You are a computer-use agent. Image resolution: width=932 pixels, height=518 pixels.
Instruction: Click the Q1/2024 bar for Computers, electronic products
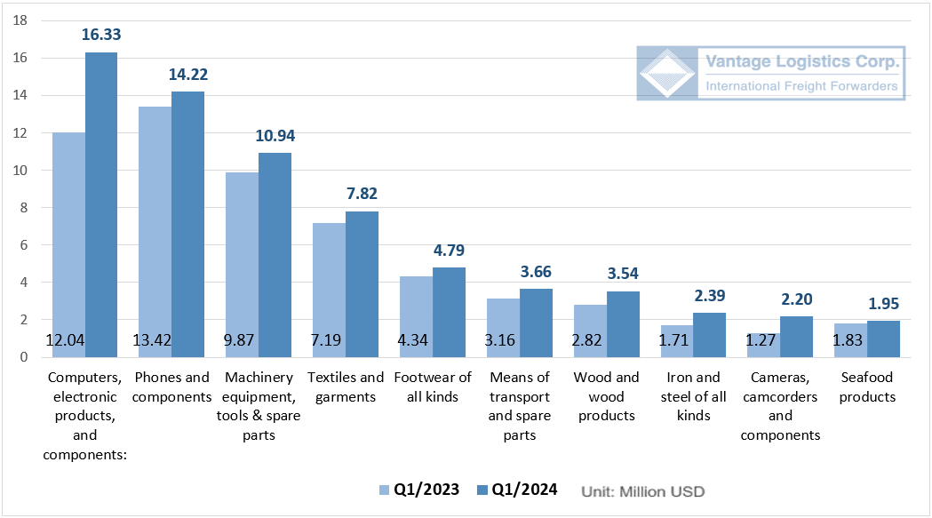(x=101, y=204)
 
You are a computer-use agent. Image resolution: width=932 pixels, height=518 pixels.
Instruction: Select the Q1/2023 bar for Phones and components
(x=155, y=231)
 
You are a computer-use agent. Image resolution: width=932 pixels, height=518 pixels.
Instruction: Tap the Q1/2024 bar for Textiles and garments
(x=362, y=284)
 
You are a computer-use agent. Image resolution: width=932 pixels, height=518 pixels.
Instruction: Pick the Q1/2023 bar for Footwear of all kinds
(x=415, y=316)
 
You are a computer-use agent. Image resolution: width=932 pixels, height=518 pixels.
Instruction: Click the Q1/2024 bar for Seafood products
(x=882, y=339)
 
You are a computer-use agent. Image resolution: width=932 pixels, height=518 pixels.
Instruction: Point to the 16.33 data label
(x=101, y=35)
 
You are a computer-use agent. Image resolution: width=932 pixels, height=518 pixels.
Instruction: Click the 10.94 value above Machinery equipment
(x=275, y=136)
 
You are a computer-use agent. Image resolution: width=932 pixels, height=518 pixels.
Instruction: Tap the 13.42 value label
(x=155, y=340)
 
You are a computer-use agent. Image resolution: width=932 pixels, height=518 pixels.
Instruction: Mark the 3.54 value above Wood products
(x=622, y=273)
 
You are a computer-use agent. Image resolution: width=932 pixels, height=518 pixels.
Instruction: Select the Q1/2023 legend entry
(x=419, y=490)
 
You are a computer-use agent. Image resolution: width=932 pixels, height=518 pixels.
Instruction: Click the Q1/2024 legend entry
(x=517, y=490)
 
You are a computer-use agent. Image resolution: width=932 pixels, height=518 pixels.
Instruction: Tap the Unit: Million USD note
(x=642, y=490)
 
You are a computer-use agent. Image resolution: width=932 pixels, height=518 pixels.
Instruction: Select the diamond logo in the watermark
(x=667, y=74)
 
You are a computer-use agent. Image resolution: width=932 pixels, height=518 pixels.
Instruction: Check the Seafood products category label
(x=867, y=387)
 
